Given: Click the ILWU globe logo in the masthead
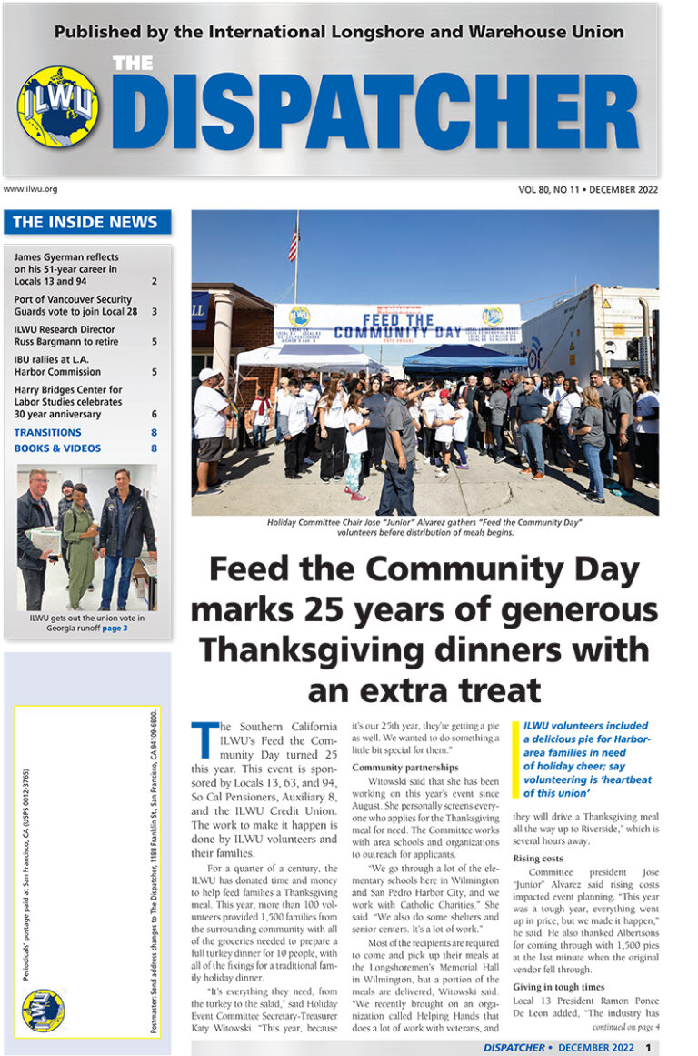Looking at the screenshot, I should (58, 106).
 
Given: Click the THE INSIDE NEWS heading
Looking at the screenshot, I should (85, 222).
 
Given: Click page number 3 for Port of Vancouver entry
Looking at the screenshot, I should (155, 311).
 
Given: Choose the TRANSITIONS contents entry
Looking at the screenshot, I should (47, 433).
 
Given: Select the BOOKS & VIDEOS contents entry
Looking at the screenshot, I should (57, 448).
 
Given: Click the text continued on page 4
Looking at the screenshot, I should (624, 1027).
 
